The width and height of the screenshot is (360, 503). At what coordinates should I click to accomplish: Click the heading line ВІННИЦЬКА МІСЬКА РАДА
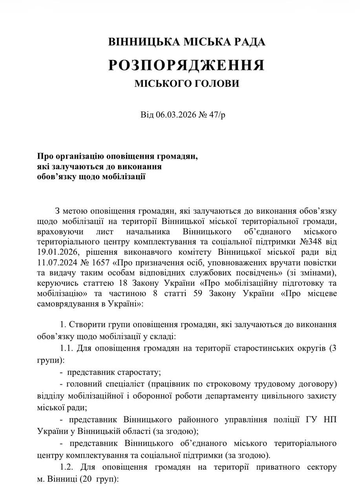[x=186, y=42]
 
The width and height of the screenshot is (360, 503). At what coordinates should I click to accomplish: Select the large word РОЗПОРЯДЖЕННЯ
[x=186, y=65]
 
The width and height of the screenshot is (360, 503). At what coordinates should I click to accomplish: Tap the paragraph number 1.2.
[x=67, y=467]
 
